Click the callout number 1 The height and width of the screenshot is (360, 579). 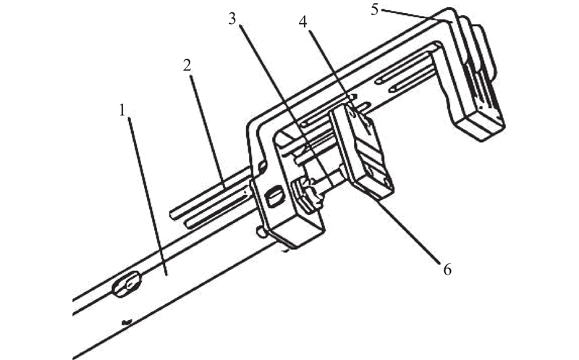pyautogui.click(x=123, y=110)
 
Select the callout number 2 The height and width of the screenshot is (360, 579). pyautogui.click(x=187, y=65)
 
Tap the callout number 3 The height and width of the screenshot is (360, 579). pyautogui.click(x=232, y=19)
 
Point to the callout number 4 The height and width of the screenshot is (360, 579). pyautogui.click(x=303, y=22)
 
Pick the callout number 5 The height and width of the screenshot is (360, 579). pyautogui.click(x=375, y=10)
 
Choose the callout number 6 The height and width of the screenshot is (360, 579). pyautogui.click(x=447, y=269)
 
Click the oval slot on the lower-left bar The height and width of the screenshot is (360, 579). pyautogui.click(x=127, y=284)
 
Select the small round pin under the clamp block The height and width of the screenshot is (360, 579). pyautogui.click(x=261, y=232)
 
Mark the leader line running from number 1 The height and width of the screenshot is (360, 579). pyautogui.click(x=148, y=196)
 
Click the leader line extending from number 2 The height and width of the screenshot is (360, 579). pyautogui.click(x=208, y=131)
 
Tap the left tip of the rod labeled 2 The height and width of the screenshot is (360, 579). pyautogui.click(x=171, y=214)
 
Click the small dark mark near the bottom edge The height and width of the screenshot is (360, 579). pyautogui.click(x=127, y=323)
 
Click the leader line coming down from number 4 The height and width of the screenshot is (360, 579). pyautogui.click(x=339, y=82)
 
